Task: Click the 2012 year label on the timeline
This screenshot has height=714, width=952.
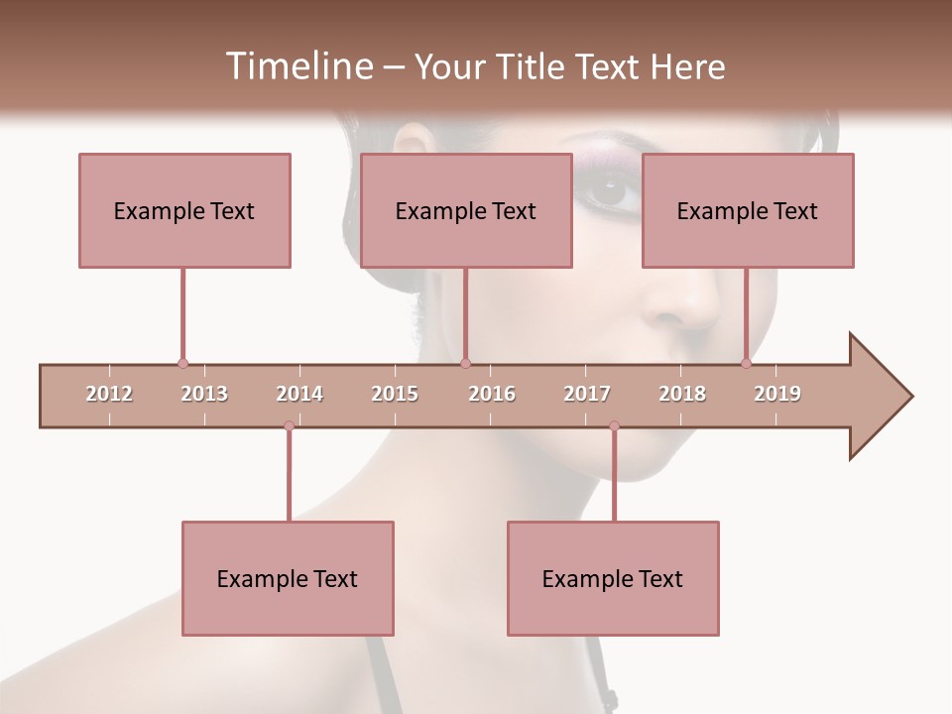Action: [x=109, y=394]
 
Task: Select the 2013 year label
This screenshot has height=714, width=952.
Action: [x=204, y=394]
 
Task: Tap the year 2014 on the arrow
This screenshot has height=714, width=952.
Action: [x=299, y=394]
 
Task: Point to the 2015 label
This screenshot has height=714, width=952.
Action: [x=395, y=394]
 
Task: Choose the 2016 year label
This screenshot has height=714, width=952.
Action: [x=492, y=394]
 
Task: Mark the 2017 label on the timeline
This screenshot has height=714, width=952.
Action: [x=587, y=394]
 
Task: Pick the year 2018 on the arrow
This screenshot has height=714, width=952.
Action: [x=682, y=394]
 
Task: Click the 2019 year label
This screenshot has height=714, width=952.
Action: [x=777, y=394]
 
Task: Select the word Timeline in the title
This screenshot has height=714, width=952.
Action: [x=297, y=66]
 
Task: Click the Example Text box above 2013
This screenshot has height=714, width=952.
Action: [x=184, y=210]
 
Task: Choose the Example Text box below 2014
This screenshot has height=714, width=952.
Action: [x=288, y=578]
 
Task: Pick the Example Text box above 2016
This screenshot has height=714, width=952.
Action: [x=466, y=210]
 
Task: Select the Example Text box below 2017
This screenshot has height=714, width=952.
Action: [x=613, y=578]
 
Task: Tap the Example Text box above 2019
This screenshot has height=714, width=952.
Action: [x=748, y=210]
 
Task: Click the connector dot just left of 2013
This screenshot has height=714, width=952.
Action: [x=182, y=364]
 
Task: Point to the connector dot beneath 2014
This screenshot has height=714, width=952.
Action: [x=289, y=425]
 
